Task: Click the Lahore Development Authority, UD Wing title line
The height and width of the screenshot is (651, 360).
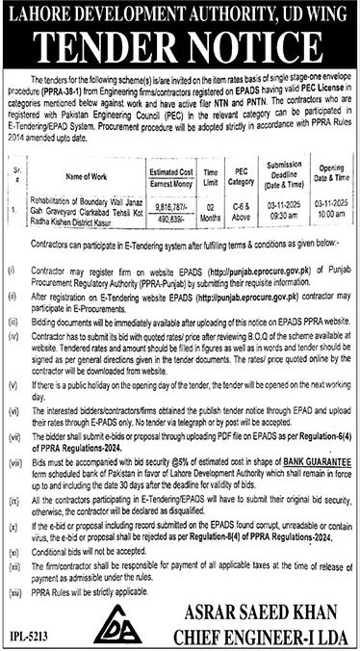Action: [x=180, y=13]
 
